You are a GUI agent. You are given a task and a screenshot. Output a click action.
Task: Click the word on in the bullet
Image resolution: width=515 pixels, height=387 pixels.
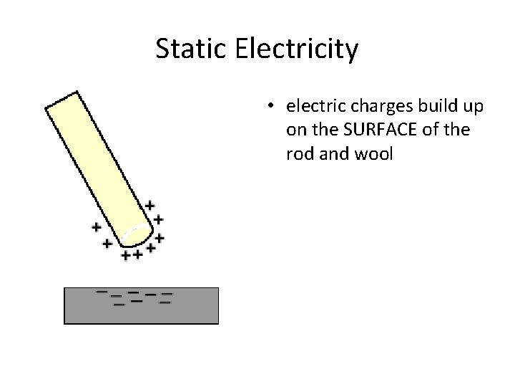294,130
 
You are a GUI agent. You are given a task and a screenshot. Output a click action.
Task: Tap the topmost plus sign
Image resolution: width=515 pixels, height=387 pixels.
149,206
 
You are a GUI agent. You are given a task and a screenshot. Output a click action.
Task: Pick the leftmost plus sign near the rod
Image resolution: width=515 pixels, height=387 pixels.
96,227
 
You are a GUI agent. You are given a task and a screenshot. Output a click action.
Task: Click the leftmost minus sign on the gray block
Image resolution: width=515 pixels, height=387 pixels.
102,292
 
